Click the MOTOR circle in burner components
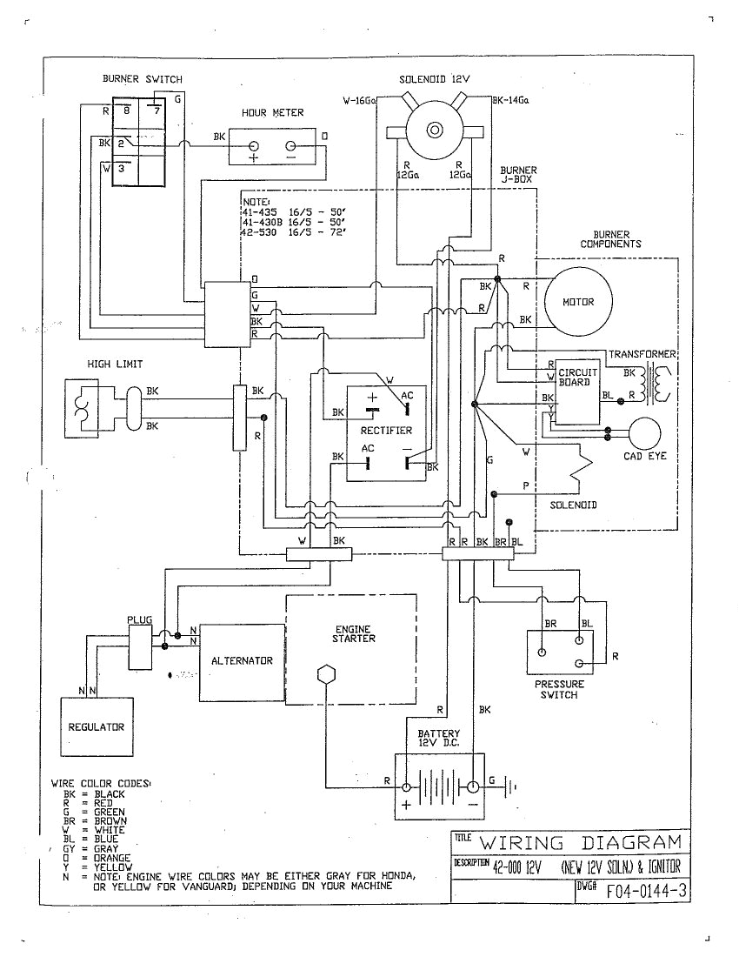click(x=579, y=302)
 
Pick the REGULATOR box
click(x=97, y=726)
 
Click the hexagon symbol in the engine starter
click(x=325, y=676)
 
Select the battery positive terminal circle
click(x=406, y=786)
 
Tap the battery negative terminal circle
click(x=470, y=786)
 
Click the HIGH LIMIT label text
click(x=114, y=364)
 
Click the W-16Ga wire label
click(x=358, y=101)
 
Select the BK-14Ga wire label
click(x=510, y=101)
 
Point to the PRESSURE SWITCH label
click(x=560, y=690)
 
